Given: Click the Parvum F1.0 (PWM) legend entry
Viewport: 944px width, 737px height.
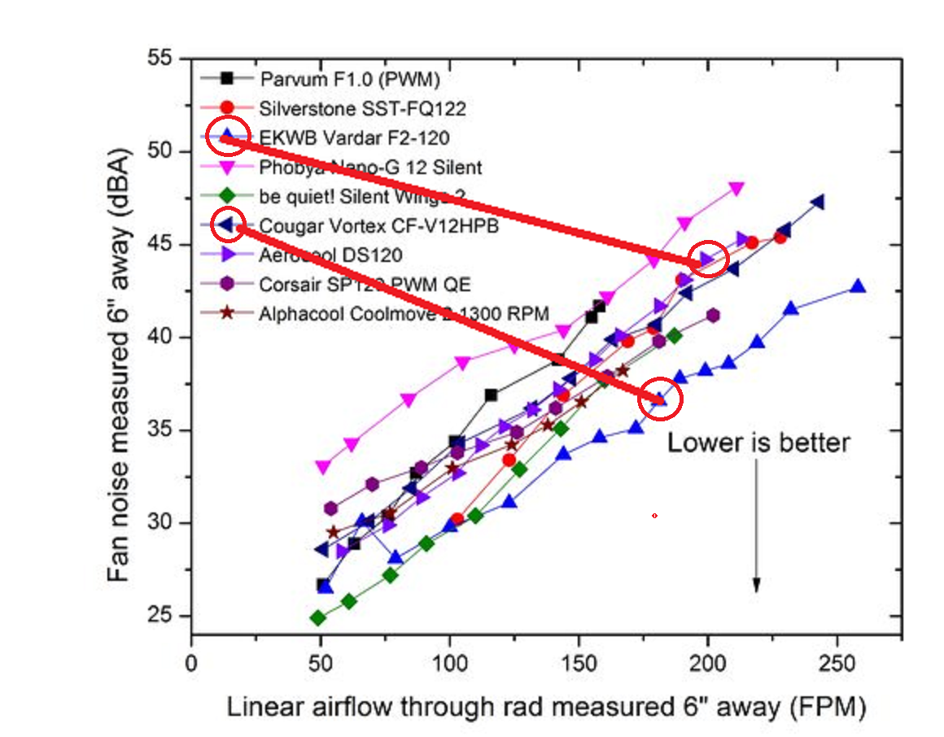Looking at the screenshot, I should pyautogui.click(x=350, y=79).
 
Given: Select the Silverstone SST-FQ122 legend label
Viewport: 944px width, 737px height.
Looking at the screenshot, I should pyautogui.click(x=363, y=107).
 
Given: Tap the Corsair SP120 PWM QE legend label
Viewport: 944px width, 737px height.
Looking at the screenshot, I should pyautogui.click(x=365, y=284).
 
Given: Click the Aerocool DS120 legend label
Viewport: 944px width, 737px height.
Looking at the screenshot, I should pyautogui.click(x=331, y=255).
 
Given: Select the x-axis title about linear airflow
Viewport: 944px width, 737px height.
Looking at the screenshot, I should pyautogui.click(x=545, y=708).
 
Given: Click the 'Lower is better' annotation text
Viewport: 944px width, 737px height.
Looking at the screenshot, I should pyautogui.click(x=758, y=443).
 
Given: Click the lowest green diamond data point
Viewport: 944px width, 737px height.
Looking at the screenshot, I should pyautogui.click(x=318, y=618).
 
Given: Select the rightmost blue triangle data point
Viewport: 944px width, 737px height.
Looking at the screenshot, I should pyautogui.click(x=857, y=286).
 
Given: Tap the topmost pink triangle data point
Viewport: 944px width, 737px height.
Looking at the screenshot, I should pyautogui.click(x=737, y=189).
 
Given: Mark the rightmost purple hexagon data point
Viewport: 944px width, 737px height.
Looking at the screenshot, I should pyautogui.click(x=713, y=316).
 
